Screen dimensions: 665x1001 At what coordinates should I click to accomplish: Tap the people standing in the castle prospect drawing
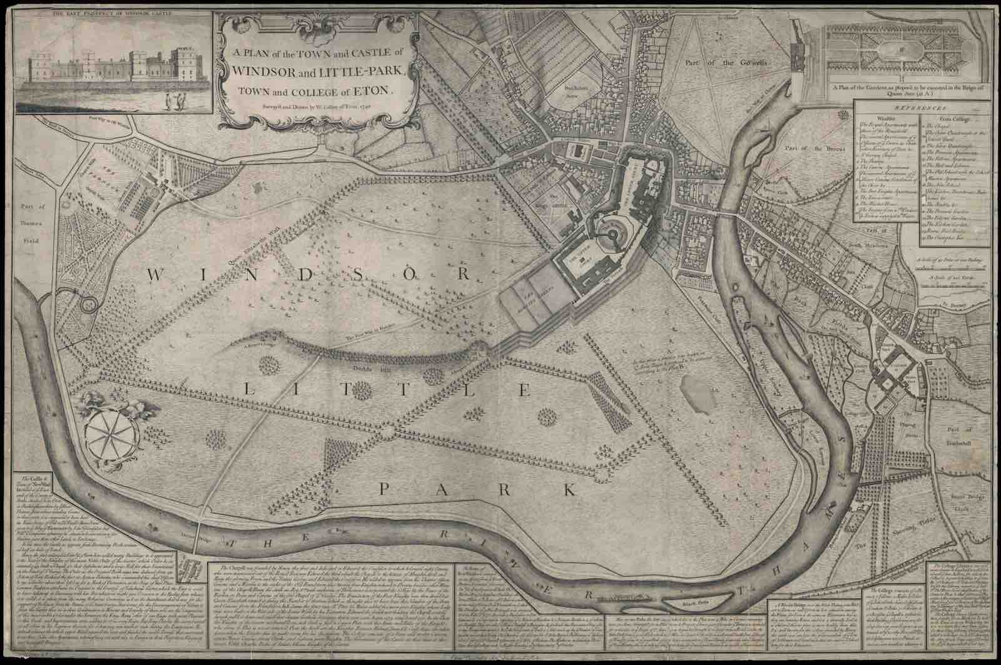tap(175, 100)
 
